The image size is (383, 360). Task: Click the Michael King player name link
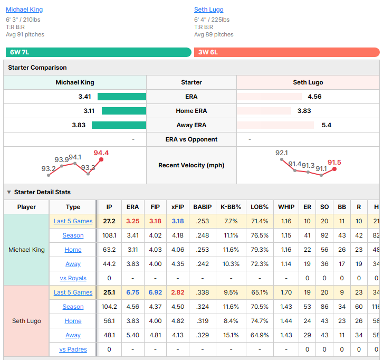[x=24, y=10]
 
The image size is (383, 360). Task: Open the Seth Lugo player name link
[x=208, y=10]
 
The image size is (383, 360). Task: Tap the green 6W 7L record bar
[x=99, y=52]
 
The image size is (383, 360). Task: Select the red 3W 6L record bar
[x=287, y=52]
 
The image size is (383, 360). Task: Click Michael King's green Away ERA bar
[x=119, y=125]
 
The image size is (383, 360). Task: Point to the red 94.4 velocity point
[x=101, y=159]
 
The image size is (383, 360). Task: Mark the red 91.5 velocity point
[x=334, y=169]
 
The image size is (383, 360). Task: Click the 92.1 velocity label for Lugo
[x=281, y=153]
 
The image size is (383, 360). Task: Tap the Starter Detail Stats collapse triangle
[x=9, y=192]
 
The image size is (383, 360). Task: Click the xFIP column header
[x=178, y=207]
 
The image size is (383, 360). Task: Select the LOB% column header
[x=260, y=207]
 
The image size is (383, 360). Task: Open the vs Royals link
[x=73, y=278]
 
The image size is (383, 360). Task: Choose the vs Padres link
[x=73, y=349]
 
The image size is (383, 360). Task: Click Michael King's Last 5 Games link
[x=73, y=221]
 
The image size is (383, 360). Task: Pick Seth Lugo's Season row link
[x=73, y=307]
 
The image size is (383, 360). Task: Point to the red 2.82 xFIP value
[x=178, y=292]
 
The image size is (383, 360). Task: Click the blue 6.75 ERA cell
[x=132, y=292]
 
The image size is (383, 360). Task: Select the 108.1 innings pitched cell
[x=109, y=235]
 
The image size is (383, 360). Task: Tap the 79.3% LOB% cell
[x=260, y=250]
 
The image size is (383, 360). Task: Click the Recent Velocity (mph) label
[x=191, y=165]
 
